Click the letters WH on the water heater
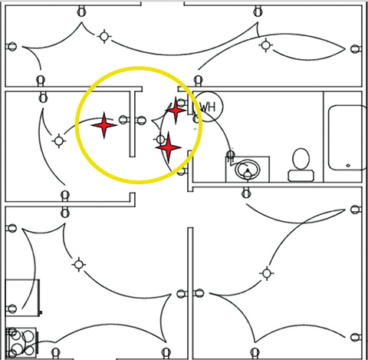pyautogui.click(x=208, y=107)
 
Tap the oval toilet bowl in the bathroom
pyautogui.click(x=301, y=159)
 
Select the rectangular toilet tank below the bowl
pyautogui.click(x=301, y=176)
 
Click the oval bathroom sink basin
pyautogui.click(x=248, y=170)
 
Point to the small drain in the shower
pyautogui.click(x=348, y=166)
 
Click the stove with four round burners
pyautogui.click(x=21, y=342)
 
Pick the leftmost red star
pyautogui.click(x=104, y=125)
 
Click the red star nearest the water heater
pyautogui.click(x=176, y=111)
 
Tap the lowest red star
pyautogui.click(x=169, y=147)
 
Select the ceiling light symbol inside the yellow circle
pyautogui.click(x=160, y=140)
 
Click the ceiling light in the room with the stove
pyautogui.click(x=78, y=264)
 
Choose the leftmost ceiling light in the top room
pyautogui.click(x=104, y=36)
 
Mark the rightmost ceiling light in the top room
pyautogui.click(x=266, y=45)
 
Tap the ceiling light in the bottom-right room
pyautogui.click(x=267, y=273)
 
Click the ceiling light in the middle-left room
pyautogui.click(x=59, y=140)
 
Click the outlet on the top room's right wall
pyautogui.click(x=355, y=49)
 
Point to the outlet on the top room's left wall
pyautogui.click(x=11, y=47)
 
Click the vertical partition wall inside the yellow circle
pyautogui.click(x=132, y=124)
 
